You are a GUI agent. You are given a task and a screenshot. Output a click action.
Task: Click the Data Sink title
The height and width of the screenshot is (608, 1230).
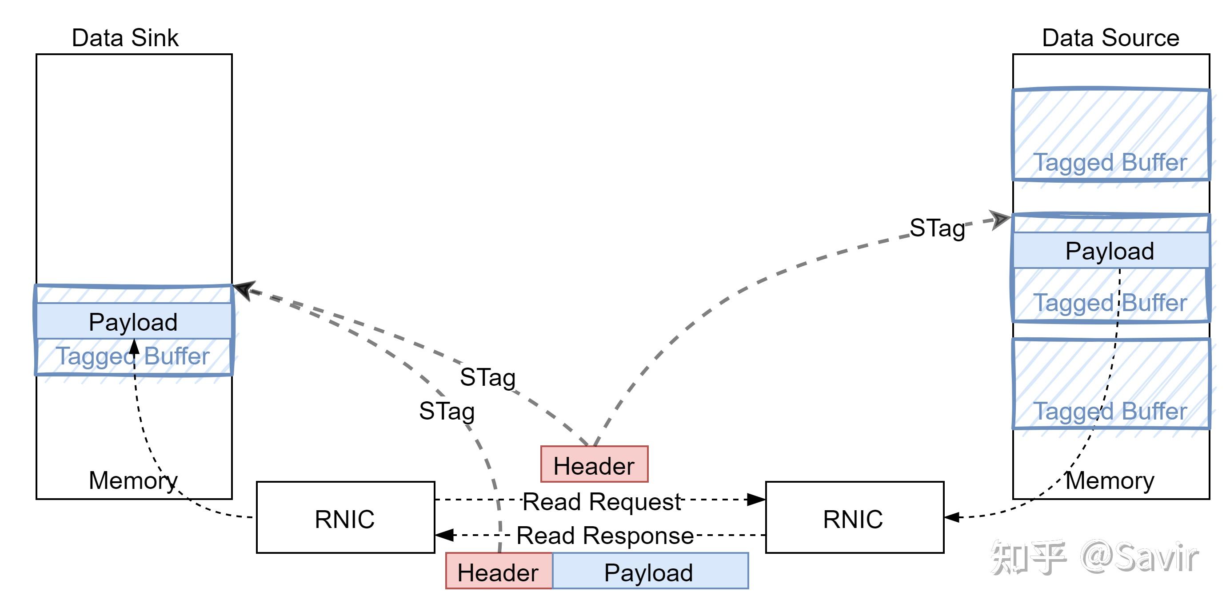(x=125, y=38)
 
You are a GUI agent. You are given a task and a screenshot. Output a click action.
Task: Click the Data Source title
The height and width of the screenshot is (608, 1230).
(x=1110, y=38)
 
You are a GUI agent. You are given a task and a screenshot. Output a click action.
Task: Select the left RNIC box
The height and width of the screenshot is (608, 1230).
(x=345, y=518)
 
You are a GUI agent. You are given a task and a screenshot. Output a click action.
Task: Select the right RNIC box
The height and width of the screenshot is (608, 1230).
(x=854, y=518)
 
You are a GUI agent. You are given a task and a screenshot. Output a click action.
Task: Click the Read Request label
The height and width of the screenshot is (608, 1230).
(x=602, y=501)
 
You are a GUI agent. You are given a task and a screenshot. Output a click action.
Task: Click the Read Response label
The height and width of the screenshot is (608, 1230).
(x=604, y=536)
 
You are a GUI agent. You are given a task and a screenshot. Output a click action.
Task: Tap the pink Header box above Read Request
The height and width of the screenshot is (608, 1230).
(x=594, y=464)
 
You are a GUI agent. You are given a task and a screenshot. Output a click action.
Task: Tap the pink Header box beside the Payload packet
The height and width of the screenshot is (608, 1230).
(x=499, y=571)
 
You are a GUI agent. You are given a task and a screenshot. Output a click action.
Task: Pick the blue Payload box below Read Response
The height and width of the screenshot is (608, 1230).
(x=649, y=571)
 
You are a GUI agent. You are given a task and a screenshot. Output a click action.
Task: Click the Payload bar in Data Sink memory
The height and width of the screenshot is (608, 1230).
(x=134, y=321)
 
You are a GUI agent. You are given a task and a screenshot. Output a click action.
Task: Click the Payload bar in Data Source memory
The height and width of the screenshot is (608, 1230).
(x=1110, y=251)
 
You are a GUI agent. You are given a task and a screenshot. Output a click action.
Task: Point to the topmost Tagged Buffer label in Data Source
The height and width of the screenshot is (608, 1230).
(x=1110, y=163)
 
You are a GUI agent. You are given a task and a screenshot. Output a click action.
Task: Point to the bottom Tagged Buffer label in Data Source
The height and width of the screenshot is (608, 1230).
(x=1110, y=411)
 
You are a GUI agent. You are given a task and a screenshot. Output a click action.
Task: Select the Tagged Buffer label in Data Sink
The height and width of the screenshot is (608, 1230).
(x=134, y=356)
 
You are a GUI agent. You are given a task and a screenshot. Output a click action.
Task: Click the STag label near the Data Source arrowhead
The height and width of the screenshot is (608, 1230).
(x=937, y=228)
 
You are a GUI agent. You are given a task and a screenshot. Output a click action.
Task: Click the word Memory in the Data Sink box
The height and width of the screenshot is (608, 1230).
(x=133, y=480)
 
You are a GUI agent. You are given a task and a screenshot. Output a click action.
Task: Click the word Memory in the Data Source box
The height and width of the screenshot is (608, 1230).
(x=1110, y=480)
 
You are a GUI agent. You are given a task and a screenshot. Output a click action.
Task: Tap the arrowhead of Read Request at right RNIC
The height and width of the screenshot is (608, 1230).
(x=757, y=500)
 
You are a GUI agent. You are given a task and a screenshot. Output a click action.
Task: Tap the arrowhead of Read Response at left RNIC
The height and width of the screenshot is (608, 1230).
(x=444, y=535)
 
